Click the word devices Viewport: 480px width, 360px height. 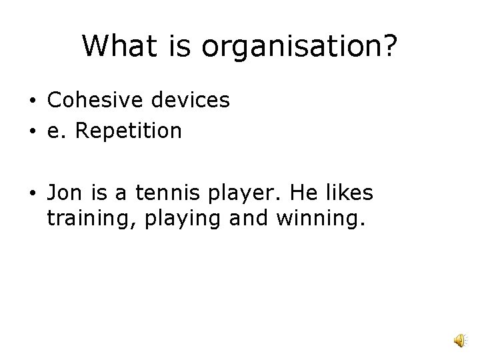pos(192,100)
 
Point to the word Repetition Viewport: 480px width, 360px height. pos(129,131)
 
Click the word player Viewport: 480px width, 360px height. pos(233,193)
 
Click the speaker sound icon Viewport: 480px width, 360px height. pos(461,341)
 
